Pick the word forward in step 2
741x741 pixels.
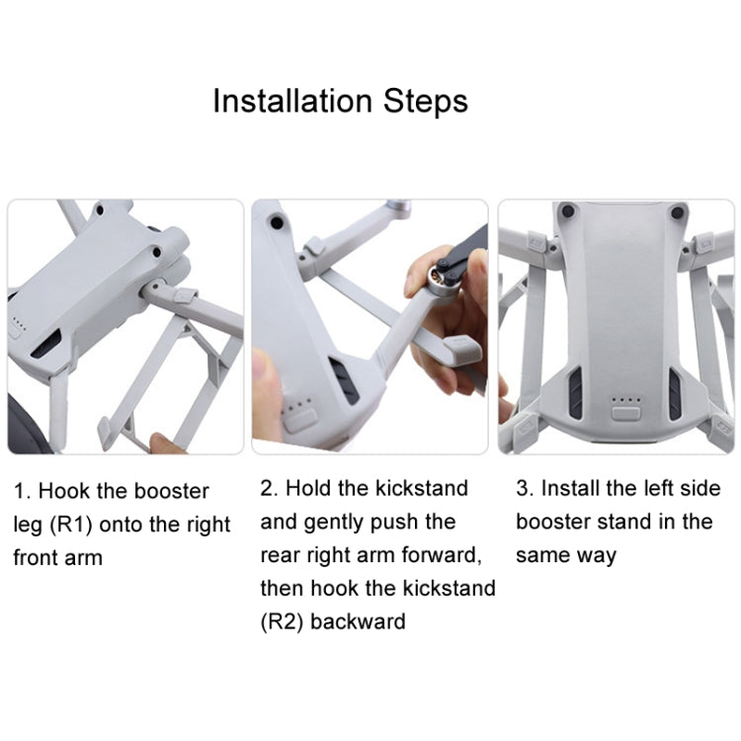[x=439, y=555]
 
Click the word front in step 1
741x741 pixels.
[x=37, y=558]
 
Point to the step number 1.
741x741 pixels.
[x=20, y=491]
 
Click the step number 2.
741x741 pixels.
[x=268, y=488]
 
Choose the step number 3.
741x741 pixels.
[x=523, y=488]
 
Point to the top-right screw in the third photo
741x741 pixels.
[x=678, y=212]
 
